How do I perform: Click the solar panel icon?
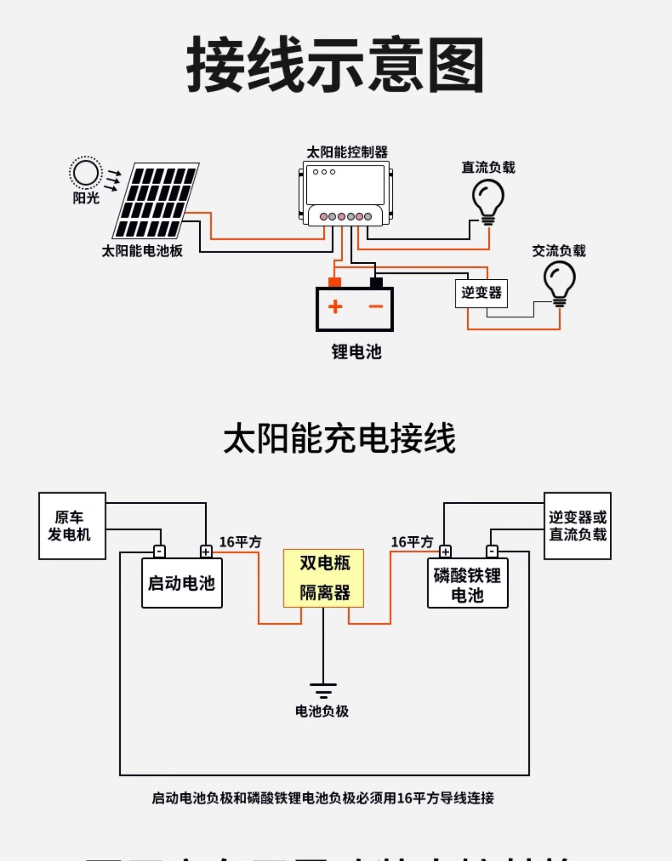156,200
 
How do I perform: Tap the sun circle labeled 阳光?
85,173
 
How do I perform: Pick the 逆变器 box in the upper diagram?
481,294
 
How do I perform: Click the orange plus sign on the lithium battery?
335,307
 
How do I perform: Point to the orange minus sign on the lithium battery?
376,307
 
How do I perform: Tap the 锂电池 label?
356,352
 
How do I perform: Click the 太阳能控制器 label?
347,152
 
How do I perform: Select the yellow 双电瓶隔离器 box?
323,578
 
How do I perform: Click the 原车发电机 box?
72,526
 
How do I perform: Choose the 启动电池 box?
182,583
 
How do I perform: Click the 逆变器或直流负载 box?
577,526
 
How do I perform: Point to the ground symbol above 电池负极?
323,691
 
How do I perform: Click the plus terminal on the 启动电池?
206,551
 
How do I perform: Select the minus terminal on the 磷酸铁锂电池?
492,551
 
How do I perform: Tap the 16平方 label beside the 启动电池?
240,542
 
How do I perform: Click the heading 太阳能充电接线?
339,438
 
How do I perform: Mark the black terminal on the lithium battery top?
376,283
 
